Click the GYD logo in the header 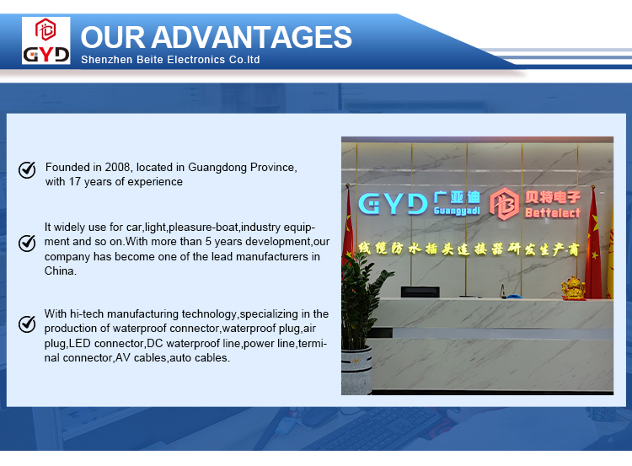[46, 40]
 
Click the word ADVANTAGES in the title [251, 37]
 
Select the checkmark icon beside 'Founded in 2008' [27, 169]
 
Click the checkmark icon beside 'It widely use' [27, 243]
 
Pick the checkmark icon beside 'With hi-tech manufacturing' [27, 324]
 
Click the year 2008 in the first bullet [117, 167]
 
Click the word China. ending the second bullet [60, 270]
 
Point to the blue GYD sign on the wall [393, 204]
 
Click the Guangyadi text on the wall [457, 211]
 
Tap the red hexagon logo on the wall [504, 204]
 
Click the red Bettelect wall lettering [553, 213]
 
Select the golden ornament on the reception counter [573, 287]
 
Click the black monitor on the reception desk [420, 292]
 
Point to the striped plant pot [356, 370]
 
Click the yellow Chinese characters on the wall [469, 249]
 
